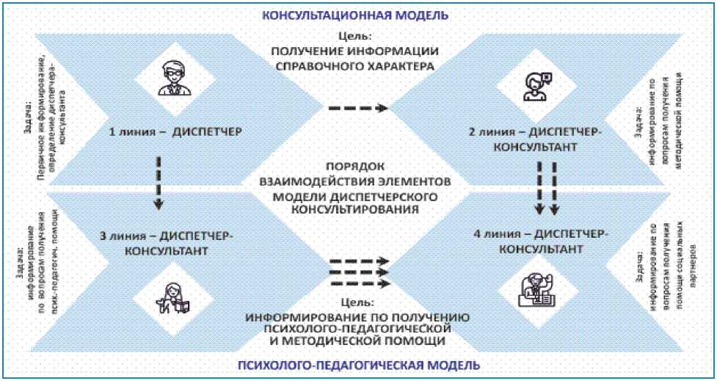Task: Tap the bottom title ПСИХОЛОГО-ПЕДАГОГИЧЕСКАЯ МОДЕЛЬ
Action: point(359,365)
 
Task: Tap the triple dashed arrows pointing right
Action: point(357,272)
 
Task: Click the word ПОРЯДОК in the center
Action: point(357,166)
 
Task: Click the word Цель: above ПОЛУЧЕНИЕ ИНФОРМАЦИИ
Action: point(357,35)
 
